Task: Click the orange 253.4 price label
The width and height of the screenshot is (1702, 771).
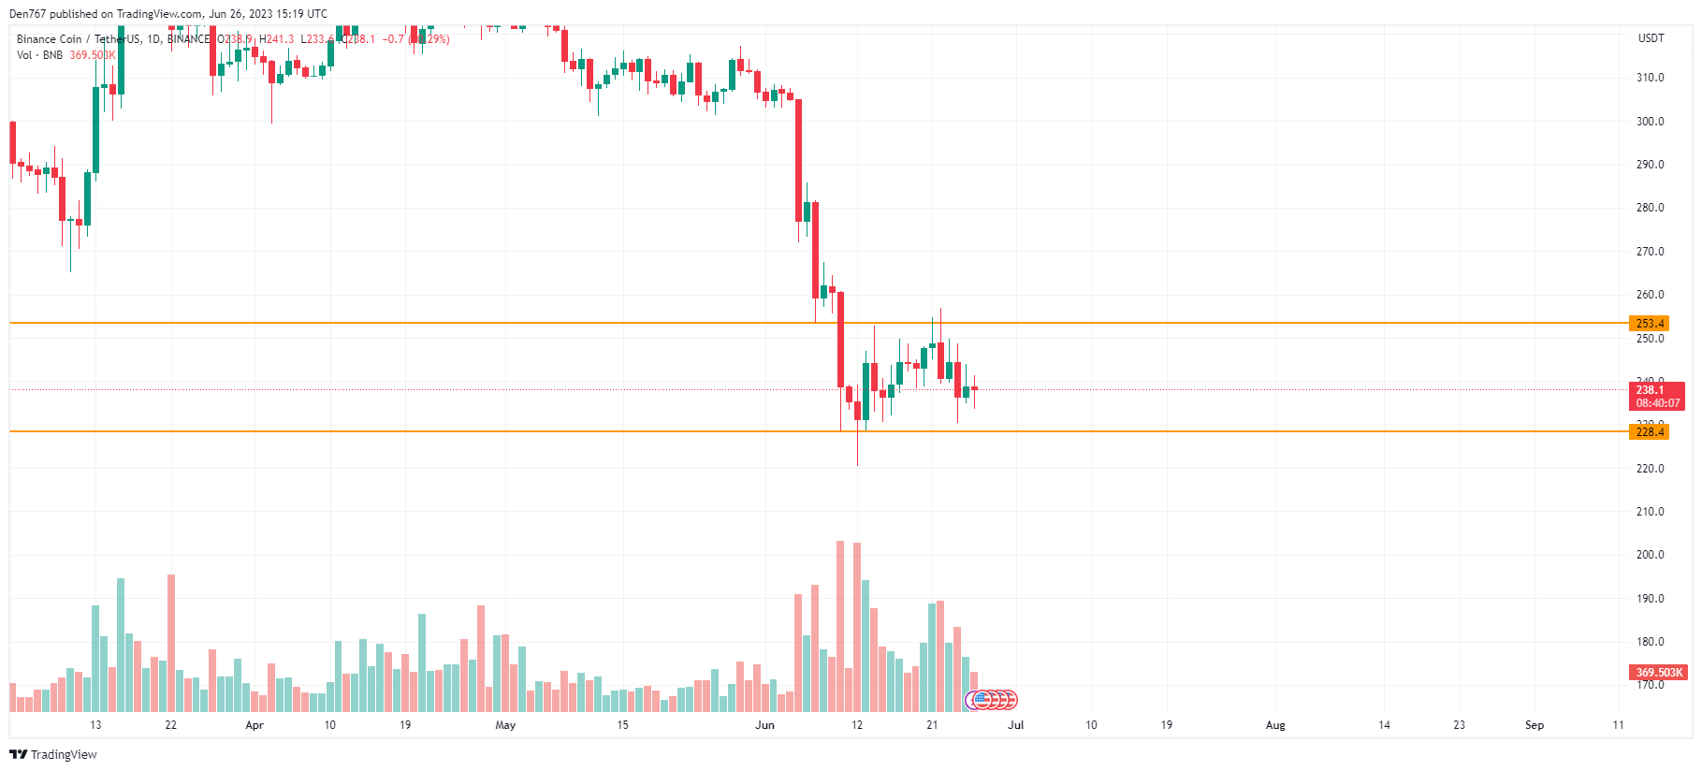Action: click(x=1649, y=324)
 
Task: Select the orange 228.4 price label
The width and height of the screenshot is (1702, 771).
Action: click(x=1649, y=431)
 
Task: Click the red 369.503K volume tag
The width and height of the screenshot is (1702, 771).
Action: click(x=1658, y=672)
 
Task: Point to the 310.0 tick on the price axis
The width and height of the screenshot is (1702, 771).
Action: click(x=1650, y=78)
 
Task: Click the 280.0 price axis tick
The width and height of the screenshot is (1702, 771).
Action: click(x=1650, y=208)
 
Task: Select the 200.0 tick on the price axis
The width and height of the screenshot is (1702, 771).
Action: click(x=1650, y=555)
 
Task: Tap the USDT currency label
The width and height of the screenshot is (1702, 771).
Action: click(x=1651, y=38)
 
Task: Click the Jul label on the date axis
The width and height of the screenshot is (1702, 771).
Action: click(x=1015, y=725)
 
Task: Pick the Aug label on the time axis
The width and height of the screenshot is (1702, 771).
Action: click(x=1274, y=725)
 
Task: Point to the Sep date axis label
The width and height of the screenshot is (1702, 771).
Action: click(x=1534, y=725)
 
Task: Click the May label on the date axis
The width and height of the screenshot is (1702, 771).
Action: click(x=505, y=725)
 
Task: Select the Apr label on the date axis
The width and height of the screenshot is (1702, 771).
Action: click(x=254, y=725)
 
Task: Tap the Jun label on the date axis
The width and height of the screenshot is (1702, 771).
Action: click(x=764, y=725)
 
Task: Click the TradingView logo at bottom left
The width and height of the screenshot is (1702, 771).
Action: click(x=53, y=754)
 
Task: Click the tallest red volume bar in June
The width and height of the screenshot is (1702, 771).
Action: click(x=840, y=627)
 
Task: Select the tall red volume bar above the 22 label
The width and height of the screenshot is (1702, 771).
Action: click(x=171, y=643)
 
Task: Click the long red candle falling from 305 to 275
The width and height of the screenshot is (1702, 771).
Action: click(x=798, y=159)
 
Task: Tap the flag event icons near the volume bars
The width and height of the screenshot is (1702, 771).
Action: click(x=992, y=699)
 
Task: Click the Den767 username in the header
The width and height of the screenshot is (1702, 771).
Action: click(x=27, y=14)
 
